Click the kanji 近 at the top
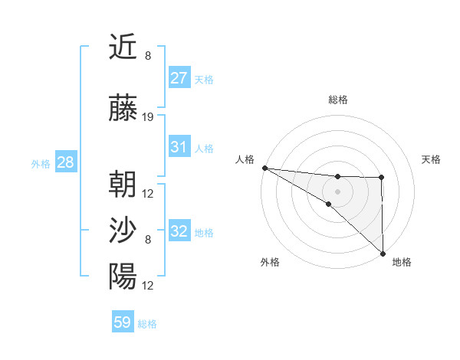click(123, 48)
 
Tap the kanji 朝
click(123, 185)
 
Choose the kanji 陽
click(123, 276)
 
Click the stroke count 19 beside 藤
click(148, 117)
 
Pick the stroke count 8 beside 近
click(148, 56)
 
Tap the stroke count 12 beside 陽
click(148, 285)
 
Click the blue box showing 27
click(179, 78)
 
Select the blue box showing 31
click(179, 147)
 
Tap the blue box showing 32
click(179, 231)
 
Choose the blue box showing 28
click(64, 162)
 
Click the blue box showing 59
click(123, 323)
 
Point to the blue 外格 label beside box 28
click(41, 163)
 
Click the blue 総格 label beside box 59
click(147, 324)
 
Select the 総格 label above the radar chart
click(337, 100)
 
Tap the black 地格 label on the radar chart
click(402, 263)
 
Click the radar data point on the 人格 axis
click(264, 168)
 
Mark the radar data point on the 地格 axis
click(382, 253)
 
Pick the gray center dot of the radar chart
click(337, 190)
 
